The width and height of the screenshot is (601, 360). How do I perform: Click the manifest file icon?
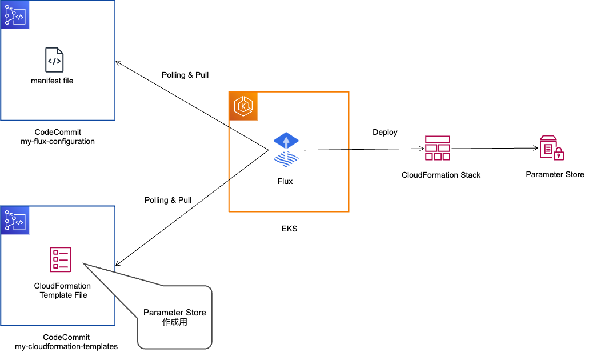(54, 60)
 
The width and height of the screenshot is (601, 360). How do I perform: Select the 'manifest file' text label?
(52, 81)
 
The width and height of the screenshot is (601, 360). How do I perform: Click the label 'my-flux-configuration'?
(58, 141)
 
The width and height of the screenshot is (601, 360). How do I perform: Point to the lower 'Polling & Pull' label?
(168, 200)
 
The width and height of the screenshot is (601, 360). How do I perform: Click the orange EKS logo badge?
(243, 106)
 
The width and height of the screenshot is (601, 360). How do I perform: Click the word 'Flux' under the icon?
(285, 181)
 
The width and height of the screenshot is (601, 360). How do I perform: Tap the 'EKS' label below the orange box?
(289, 229)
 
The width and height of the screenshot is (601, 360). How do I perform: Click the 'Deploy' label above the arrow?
(385, 132)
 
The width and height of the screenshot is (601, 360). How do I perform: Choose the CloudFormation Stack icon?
(438, 149)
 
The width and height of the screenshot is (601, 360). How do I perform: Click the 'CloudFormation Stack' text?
(441, 175)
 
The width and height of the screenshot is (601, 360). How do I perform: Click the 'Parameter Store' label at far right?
(555, 174)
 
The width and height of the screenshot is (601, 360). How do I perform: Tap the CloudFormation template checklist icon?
(61, 259)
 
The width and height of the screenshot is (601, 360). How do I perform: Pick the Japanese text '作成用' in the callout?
(175, 322)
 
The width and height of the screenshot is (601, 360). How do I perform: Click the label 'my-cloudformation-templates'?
(66, 346)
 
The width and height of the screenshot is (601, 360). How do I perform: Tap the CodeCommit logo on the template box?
(15, 221)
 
